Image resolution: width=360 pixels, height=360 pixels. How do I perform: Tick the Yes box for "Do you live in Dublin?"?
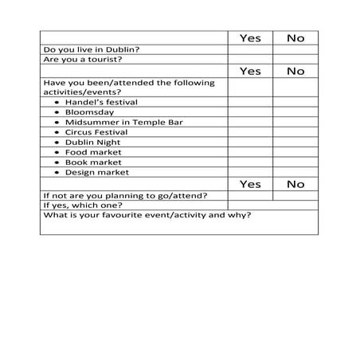[x=249, y=49]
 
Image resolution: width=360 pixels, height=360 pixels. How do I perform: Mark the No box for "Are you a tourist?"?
[x=295, y=59]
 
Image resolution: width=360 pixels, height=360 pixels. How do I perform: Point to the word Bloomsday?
[x=92, y=112]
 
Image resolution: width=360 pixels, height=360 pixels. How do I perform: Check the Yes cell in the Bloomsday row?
[x=249, y=112]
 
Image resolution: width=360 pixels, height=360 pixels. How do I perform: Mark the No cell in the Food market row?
[x=295, y=152]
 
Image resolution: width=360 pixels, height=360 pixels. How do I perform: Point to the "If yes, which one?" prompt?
[x=84, y=205]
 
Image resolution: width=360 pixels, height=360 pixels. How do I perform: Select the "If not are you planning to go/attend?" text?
[x=125, y=195]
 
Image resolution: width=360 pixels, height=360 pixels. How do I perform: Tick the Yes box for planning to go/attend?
[x=249, y=195]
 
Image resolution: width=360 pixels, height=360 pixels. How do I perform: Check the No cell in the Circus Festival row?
[x=295, y=132]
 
